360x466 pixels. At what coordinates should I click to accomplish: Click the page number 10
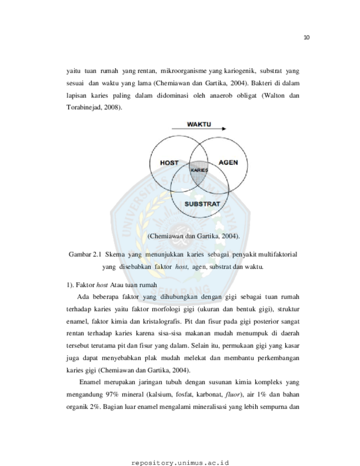tap(306, 38)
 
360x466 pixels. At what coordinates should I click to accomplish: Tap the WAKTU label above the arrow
tap(199, 124)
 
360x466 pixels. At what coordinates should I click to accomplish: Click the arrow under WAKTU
tap(199, 129)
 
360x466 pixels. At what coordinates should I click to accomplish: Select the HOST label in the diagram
tap(169, 163)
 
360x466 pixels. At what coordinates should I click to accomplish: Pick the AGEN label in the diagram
tap(228, 162)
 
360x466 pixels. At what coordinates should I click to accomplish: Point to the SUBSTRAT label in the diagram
tap(202, 204)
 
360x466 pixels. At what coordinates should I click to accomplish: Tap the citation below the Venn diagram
tap(193, 236)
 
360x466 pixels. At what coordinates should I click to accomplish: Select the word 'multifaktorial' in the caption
tap(277, 254)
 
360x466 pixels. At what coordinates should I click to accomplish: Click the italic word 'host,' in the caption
tap(182, 267)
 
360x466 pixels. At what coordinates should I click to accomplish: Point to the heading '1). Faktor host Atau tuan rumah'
tap(112, 285)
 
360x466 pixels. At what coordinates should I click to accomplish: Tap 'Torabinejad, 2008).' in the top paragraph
tap(95, 107)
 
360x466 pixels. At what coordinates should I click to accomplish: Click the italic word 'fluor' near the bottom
tap(232, 395)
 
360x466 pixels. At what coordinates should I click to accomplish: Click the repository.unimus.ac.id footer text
tap(180, 463)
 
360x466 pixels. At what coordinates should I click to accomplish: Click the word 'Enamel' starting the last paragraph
tap(90, 382)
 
